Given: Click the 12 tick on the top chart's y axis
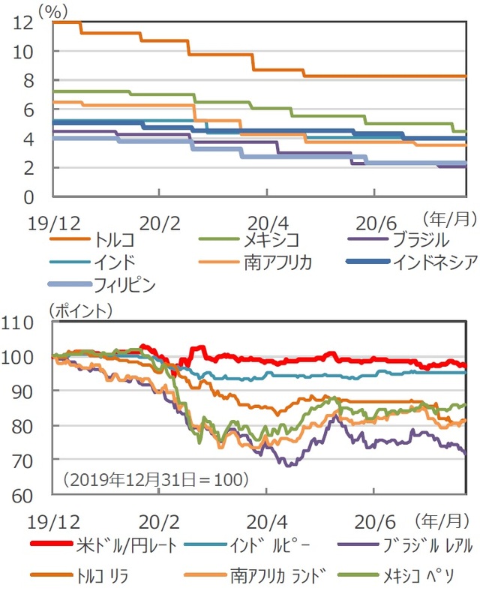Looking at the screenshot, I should click(x=22, y=22).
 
